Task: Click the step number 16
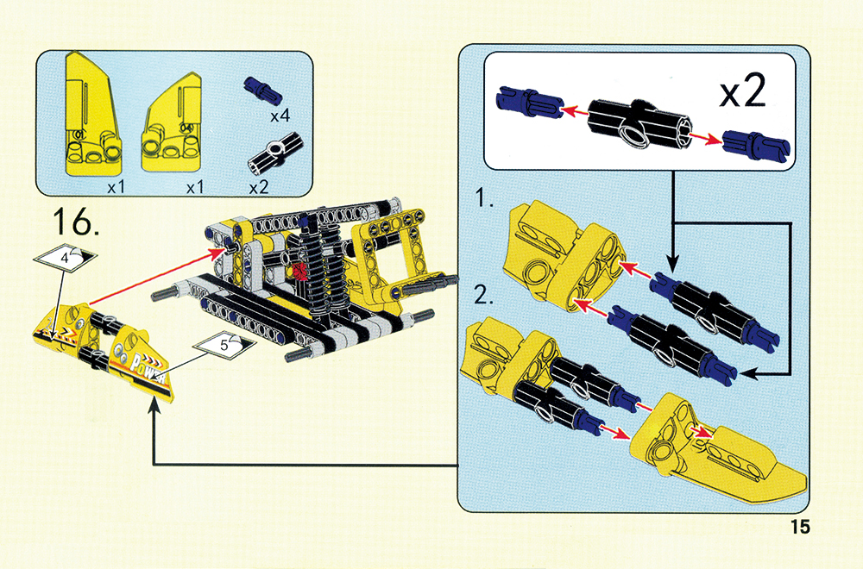pos(77,222)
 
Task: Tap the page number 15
pos(800,527)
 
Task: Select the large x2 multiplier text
pos(742,91)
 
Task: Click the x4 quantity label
pos(280,116)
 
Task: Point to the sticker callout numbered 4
pos(65,257)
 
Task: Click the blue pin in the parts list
pos(262,90)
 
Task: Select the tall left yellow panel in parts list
pos(93,115)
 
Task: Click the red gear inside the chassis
pos(300,271)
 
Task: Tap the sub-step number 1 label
pos(484,198)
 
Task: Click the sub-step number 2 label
pos(484,297)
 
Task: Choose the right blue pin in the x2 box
pos(756,144)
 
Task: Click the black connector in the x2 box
pos(639,124)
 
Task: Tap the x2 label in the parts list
pos(259,188)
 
